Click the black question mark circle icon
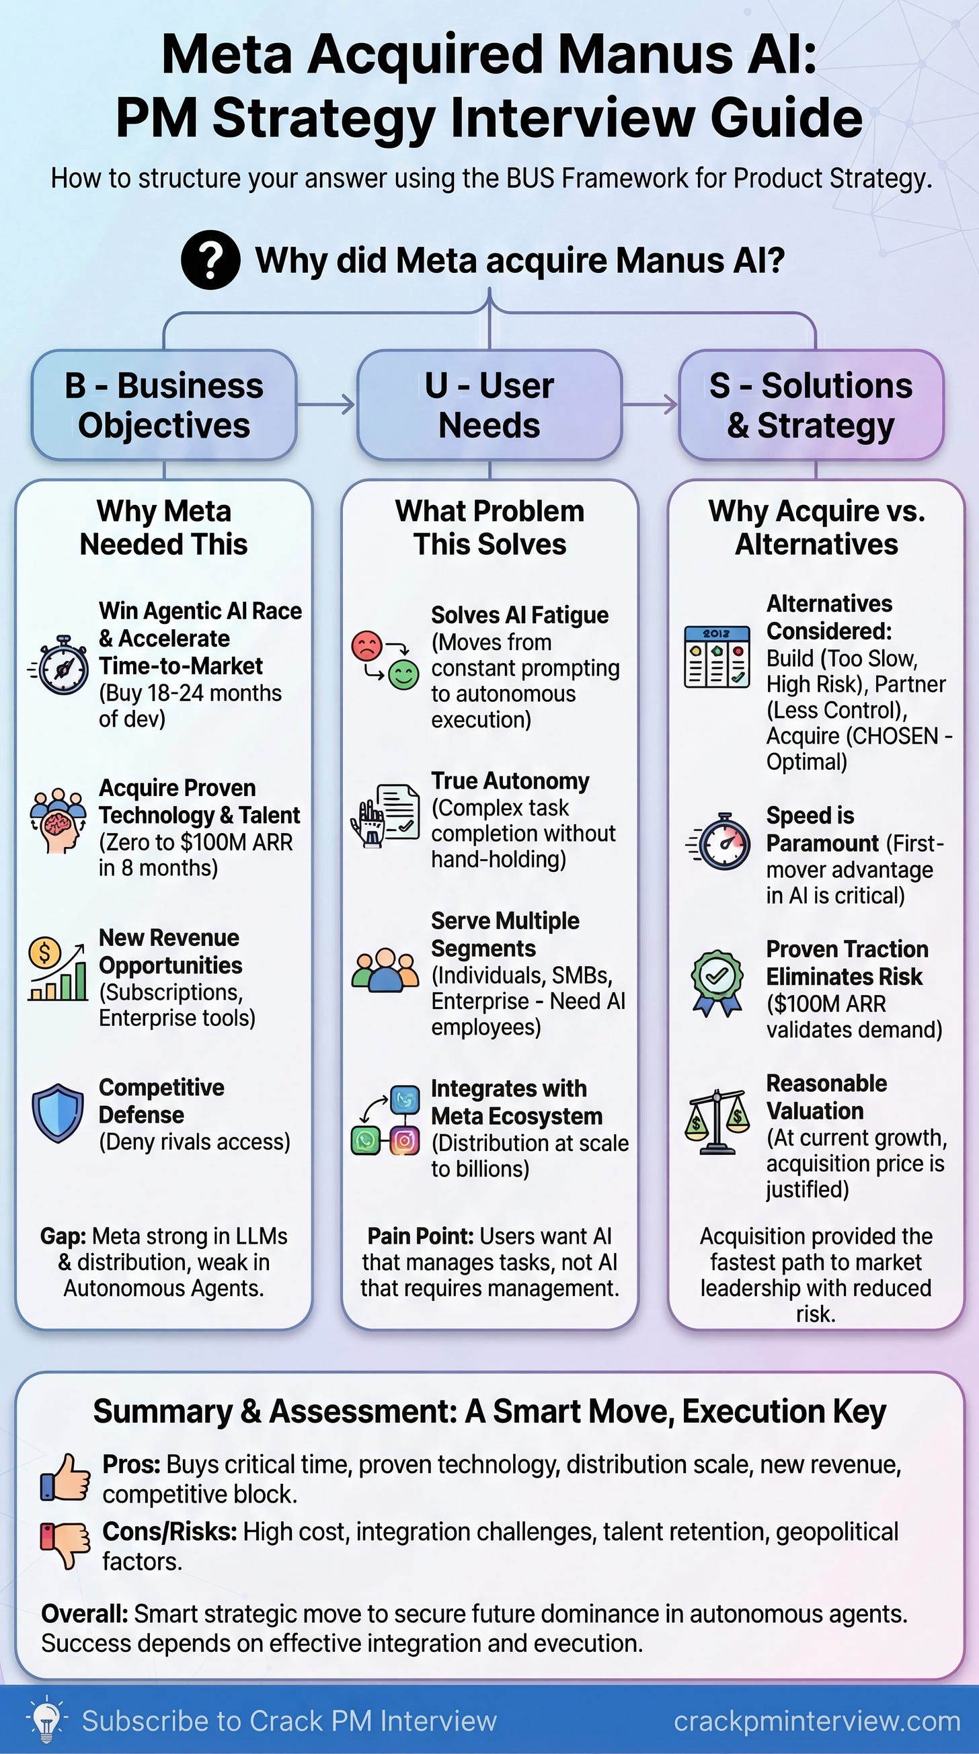click(x=210, y=260)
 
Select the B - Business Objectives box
click(x=164, y=405)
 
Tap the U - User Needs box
click(x=490, y=405)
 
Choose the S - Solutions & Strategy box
click(x=811, y=405)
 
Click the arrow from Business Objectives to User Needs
click(x=327, y=405)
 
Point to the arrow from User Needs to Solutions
click(x=651, y=405)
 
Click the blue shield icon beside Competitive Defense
click(x=58, y=1113)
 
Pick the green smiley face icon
click(x=403, y=675)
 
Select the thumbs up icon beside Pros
click(x=65, y=1478)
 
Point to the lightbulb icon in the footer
click(x=46, y=1719)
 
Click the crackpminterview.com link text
click(x=816, y=1720)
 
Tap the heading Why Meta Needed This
click(x=164, y=528)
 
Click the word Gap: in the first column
click(x=63, y=1236)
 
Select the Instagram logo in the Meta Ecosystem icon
click(x=404, y=1140)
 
